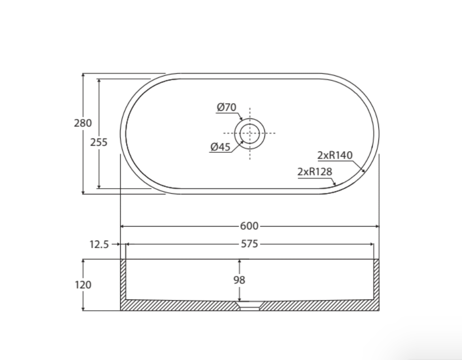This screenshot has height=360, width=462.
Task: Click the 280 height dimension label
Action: point(83,123)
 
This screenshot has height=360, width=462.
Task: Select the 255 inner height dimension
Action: point(99,143)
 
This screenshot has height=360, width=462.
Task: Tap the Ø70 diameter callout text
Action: point(226,107)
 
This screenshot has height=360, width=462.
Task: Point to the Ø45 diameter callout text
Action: point(220,147)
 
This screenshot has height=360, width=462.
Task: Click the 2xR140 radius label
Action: point(335,155)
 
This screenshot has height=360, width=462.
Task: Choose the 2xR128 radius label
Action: point(313,172)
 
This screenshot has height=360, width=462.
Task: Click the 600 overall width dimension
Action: point(249,226)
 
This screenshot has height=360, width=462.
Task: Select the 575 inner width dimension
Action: point(250,245)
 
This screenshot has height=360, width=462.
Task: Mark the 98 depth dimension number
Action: point(239,280)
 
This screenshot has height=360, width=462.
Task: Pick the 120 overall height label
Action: point(83,285)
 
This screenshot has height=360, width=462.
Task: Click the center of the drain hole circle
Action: point(249,133)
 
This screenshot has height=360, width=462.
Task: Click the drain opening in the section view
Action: point(249,306)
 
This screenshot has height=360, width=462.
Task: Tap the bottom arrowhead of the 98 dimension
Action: point(239,299)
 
